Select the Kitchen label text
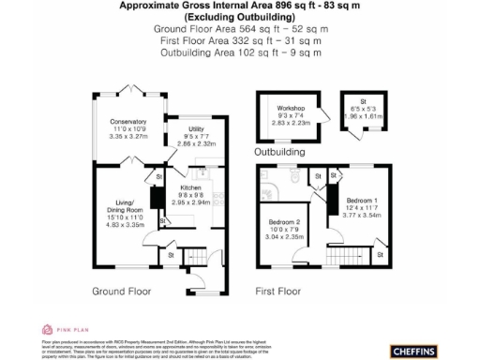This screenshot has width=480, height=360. (x=190, y=187)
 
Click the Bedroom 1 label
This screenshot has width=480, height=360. (x=362, y=202)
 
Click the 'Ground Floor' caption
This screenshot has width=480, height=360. (x=122, y=292)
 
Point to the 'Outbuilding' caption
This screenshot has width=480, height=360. (x=280, y=151)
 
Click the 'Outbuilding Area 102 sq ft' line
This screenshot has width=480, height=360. (x=239, y=52)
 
